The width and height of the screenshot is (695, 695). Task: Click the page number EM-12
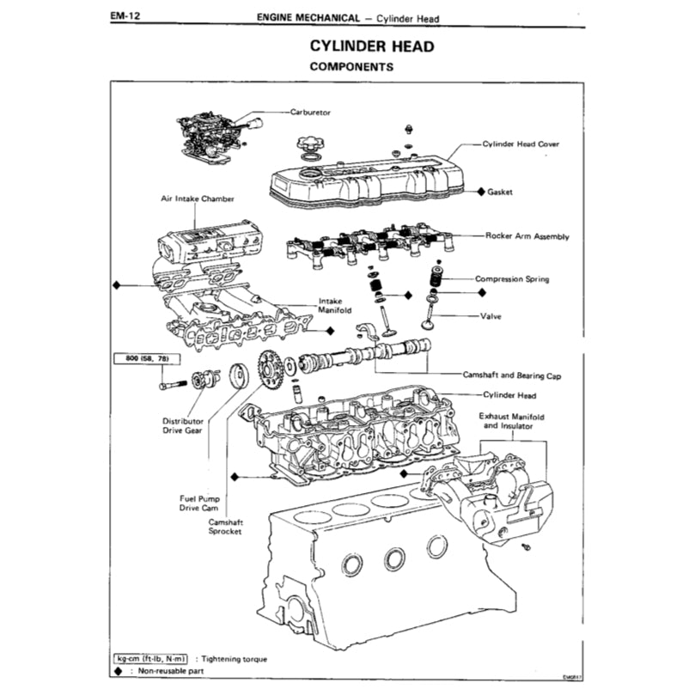[125, 16]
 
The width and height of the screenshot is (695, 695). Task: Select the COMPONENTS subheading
[351, 66]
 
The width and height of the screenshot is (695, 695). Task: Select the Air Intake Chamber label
[198, 198]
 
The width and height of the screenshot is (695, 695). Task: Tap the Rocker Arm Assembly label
[527, 235]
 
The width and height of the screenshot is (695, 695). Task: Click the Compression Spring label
[513, 278]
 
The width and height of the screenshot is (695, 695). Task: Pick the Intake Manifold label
[331, 306]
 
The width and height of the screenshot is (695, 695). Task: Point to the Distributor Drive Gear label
[183, 427]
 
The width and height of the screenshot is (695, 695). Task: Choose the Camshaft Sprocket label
[225, 526]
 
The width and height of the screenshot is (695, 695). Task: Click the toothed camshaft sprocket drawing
[270, 370]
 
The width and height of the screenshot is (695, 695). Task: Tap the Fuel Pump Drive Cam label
[200, 503]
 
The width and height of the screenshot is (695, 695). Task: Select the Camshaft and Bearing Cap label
[512, 375]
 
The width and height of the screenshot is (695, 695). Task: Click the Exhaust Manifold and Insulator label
[514, 421]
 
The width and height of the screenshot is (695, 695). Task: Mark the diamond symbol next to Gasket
[481, 192]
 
